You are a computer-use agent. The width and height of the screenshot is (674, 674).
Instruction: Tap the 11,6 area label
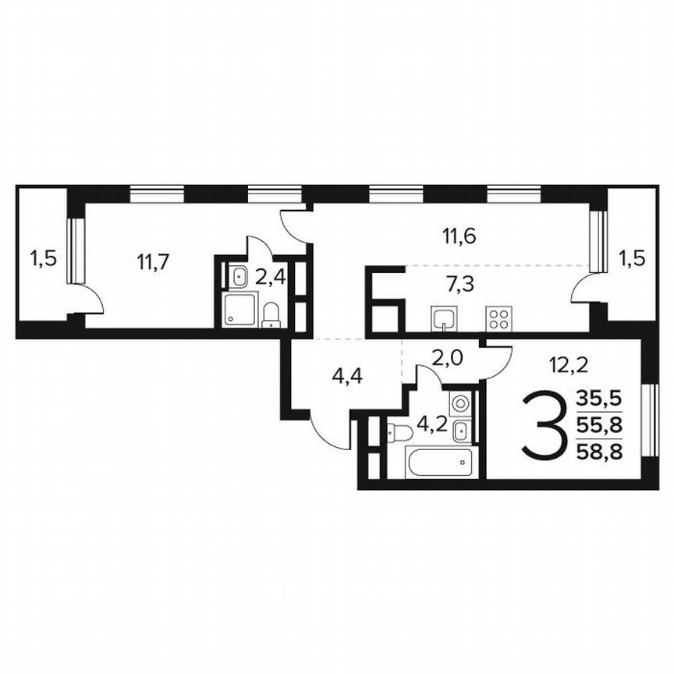[x=459, y=233]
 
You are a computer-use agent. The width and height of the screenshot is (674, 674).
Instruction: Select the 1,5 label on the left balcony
[x=43, y=257]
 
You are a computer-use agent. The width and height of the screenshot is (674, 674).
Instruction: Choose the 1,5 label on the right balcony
[x=633, y=257]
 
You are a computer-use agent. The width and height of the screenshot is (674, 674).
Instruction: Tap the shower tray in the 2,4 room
[x=237, y=309]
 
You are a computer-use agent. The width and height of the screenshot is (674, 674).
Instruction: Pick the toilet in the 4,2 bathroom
[x=401, y=431]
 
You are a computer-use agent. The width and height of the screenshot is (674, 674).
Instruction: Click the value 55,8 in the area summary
[x=599, y=425]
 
